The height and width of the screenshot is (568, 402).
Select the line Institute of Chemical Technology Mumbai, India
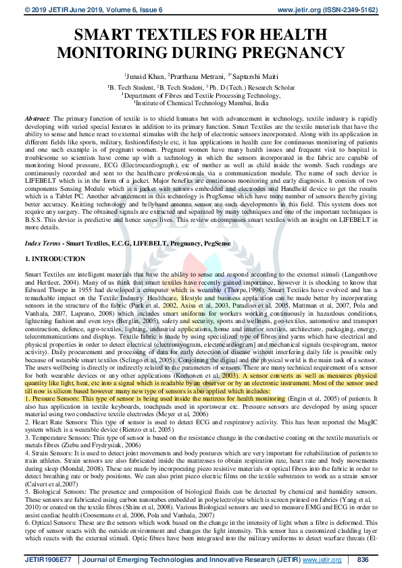tap(201, 104)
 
